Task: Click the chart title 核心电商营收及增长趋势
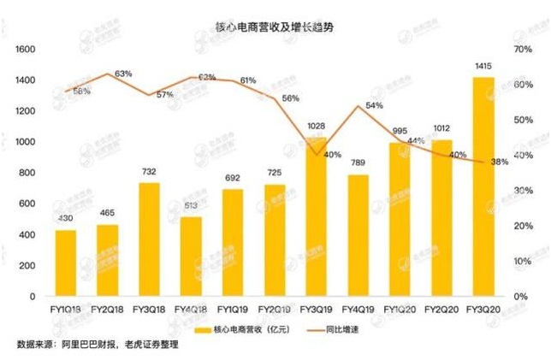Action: (x=275, y=27)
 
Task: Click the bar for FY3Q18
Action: (x=151, y=239)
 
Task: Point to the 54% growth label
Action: (x=374, y=106)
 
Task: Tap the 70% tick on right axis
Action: (x=523, y=50)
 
